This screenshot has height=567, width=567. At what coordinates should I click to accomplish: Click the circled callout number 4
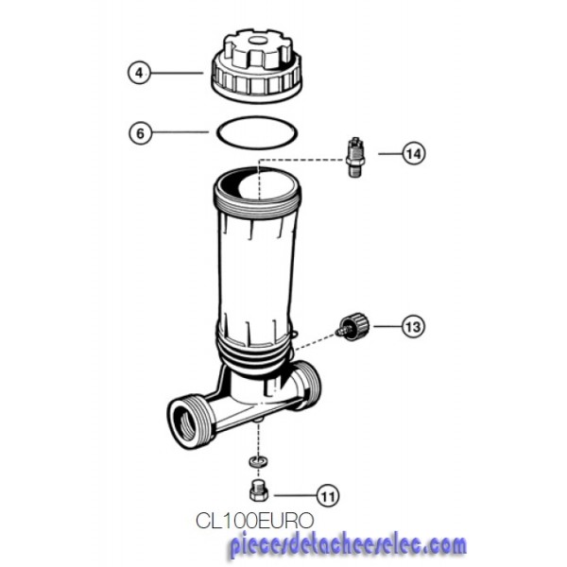pos(139,74)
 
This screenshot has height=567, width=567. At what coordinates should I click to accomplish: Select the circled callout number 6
pos(140,133)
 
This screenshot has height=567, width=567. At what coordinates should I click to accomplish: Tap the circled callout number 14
pos(414,154)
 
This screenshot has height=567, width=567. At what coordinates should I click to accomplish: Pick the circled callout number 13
pos(413,327)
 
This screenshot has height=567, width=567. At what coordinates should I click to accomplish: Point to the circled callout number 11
pos(328,495)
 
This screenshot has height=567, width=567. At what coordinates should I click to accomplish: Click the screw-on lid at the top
pos(256,66)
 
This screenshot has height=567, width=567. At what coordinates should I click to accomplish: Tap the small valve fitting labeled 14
pos(355,157)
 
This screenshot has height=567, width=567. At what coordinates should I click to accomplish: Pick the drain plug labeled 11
pos(259,490)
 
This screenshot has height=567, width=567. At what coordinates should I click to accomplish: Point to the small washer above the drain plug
pos(258,461)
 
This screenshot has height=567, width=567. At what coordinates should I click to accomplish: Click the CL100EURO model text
pos(254,521)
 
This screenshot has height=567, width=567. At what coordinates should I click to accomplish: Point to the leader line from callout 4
pos(177,73)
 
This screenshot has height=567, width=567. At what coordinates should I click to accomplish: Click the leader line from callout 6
pos(180,132)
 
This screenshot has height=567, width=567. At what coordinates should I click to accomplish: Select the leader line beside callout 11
pos(295,495)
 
